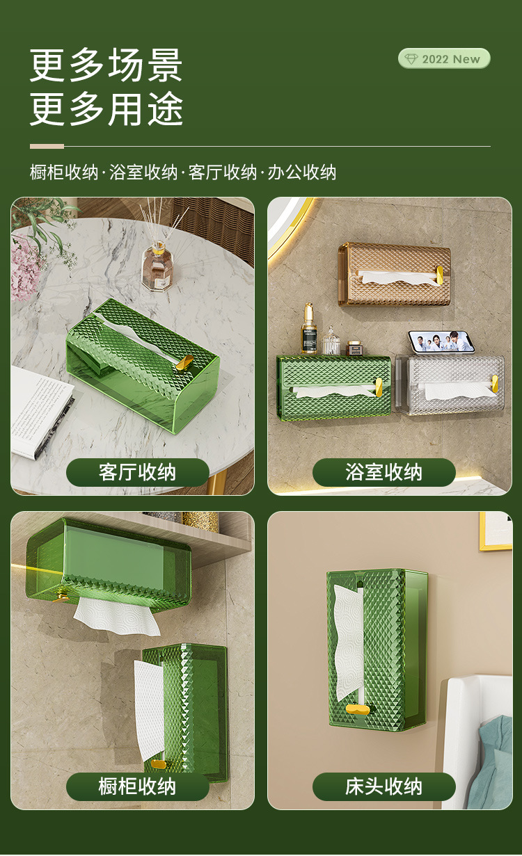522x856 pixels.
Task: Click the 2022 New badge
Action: click(444, 58)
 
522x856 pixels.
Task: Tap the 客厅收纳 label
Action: click(137, 473)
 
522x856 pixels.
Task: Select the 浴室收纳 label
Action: click(383, 473)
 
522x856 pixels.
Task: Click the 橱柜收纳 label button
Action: click(137, 786)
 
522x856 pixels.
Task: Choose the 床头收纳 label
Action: click(383, 786)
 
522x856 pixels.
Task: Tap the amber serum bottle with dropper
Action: click(309, 330)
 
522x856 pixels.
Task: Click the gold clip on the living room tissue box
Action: click(184, 362)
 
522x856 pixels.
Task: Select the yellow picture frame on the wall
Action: click(496, 531)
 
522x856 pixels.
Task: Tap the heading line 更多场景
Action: click(106, 65)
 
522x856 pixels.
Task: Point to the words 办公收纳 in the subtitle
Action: click(303, 172)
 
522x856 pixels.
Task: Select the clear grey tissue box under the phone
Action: click(450, 386)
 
